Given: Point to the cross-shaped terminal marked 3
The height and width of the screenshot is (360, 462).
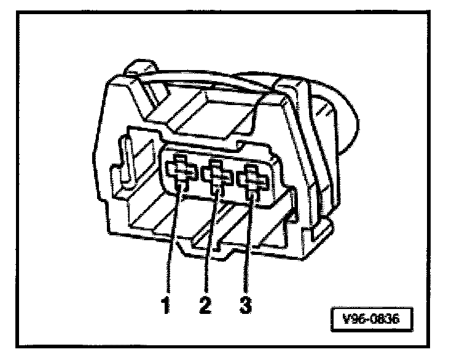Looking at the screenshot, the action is tap(254, 179).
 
